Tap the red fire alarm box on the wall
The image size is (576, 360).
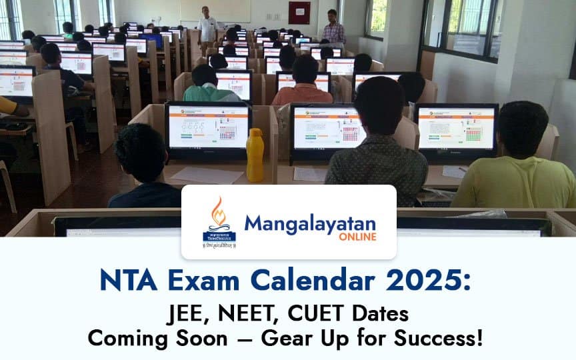coord(299,12)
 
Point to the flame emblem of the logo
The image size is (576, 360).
coord(219,213)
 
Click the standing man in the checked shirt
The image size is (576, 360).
coord(333,28)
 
